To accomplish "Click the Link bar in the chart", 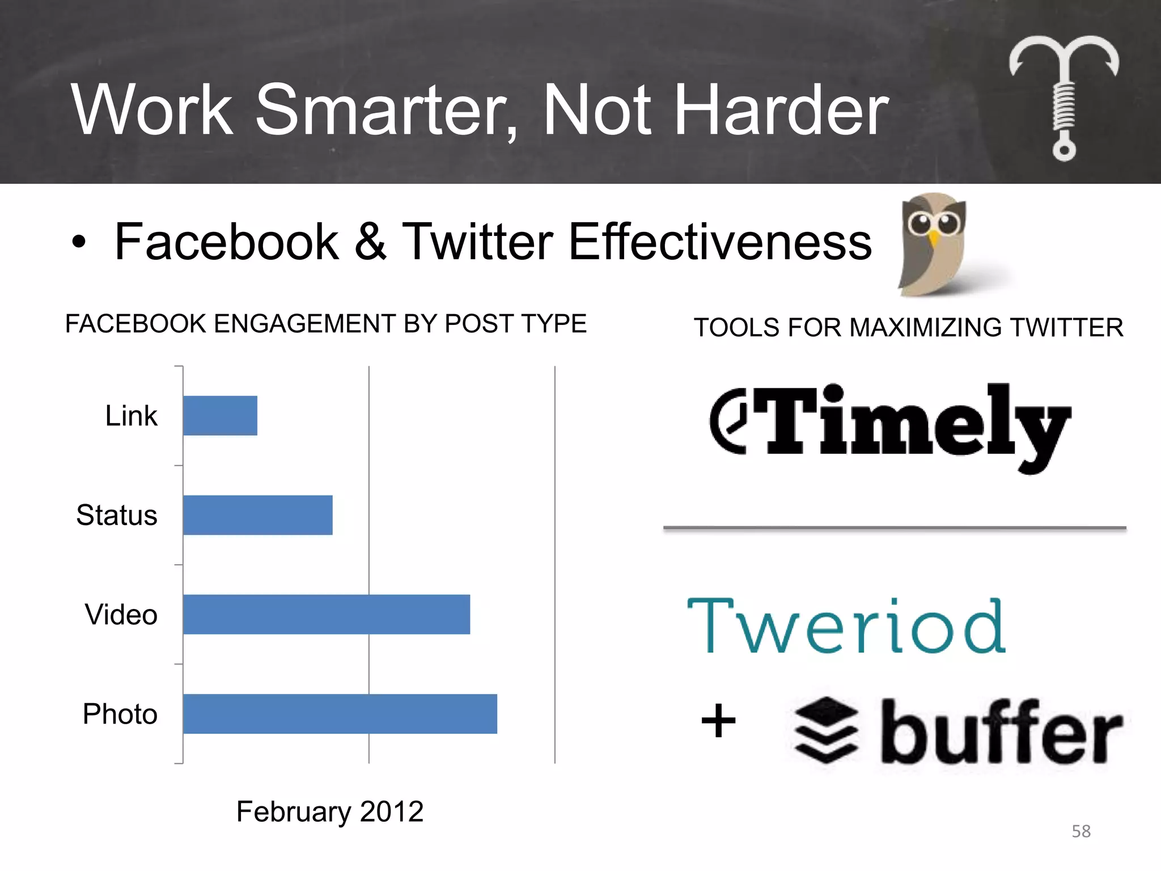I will pyautogui.click(x=220, y=416).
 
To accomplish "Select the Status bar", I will pyautogui.click(x=258, y=515).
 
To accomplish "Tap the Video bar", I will pyautogui.click(x=327, y=614).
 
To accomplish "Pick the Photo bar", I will pyautogui.click(x=340, y=713).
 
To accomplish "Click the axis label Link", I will pyautogui.click(x=131, y=416).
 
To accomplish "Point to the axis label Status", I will pyautogui.click(x=117, y=515).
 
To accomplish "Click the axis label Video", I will pyautogui.click(x=121, y=614).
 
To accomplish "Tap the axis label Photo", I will pyautogui.click(x=120, y=713).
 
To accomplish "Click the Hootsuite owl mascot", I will pyautogui.click(x=933, y=244).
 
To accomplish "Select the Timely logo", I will pyautogui.click(x=890, y=425).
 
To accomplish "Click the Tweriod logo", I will pyautogui.click(x=846, y=627).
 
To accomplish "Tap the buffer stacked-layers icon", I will pyautogui.click(x=827, y=730).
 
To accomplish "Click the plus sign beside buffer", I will pyautogui.click(x=718, y=721).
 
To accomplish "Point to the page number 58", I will pyautogui.click(x=1081, y=831).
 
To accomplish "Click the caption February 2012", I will pyautogui.click(x=330, y=811).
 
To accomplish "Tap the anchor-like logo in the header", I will pyautogui.click(x=1064, y=96).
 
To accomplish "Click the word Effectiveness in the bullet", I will pyautogui.click(x=720, y=242).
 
